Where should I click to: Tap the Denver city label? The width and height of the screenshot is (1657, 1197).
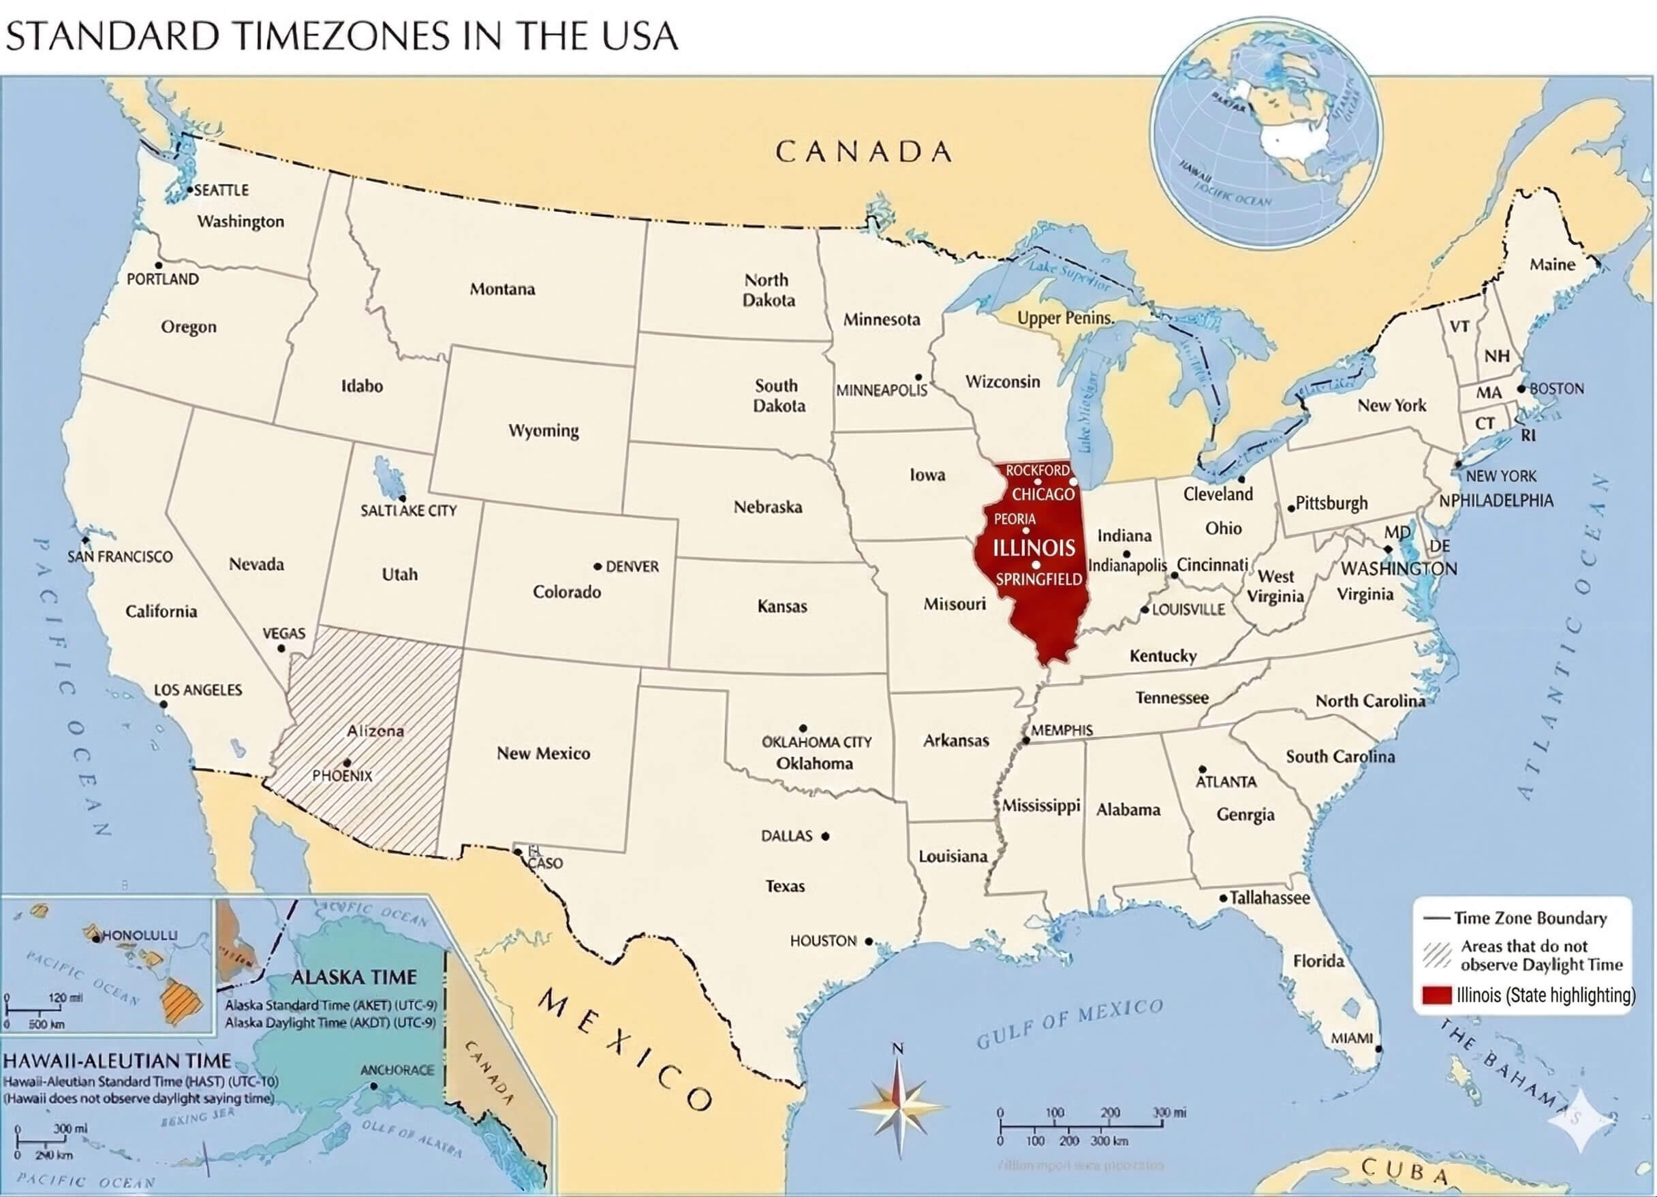pos(632,566)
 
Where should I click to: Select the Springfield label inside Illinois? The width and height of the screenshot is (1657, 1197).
pos(1039,579)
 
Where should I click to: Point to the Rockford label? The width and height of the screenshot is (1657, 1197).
pos(1038,470)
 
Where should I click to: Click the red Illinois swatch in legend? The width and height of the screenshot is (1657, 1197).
pos(1436,995)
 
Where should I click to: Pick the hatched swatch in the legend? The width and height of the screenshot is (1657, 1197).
pos(1436,955)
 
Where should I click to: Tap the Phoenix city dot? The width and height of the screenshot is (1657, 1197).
pos(347,763)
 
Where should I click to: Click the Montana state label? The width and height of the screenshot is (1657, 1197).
pos(502,289)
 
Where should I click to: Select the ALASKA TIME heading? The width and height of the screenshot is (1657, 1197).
pos(354,976)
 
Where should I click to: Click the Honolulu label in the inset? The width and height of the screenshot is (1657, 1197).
pos(139,935)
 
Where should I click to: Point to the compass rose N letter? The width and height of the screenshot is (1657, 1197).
pos(898,1049)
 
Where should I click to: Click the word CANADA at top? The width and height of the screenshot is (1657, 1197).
pos(863,152)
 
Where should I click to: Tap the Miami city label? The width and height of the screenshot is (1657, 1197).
pos(1352,1038)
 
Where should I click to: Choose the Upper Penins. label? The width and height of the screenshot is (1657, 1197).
pos(1065,318)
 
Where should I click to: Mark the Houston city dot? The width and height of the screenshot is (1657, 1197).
pos(869,942)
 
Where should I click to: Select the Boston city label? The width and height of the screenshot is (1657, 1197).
pos(1556,389)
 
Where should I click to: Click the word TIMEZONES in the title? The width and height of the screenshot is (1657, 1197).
pos(343,36)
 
